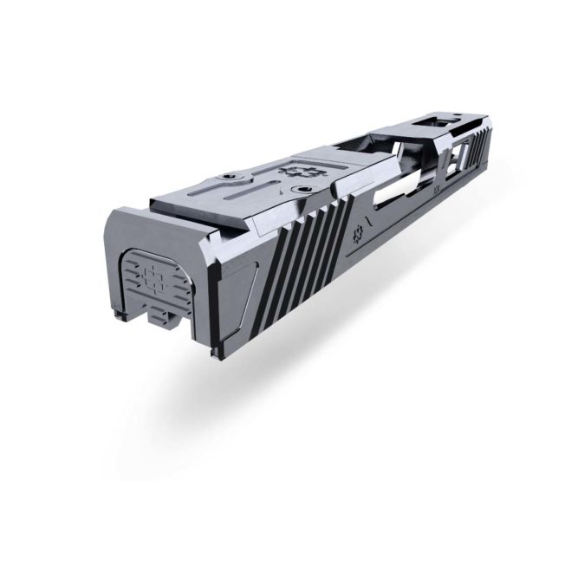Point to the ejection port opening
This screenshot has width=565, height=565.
coord(394,169)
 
